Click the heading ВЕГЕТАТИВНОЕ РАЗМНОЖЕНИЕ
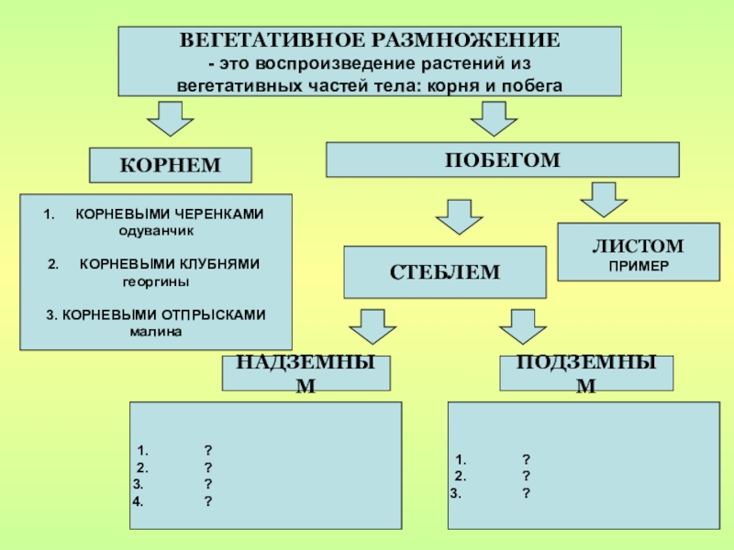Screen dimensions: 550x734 (369, 42)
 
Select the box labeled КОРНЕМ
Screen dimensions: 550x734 (170, 165)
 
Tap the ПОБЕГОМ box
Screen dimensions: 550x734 (503, 159)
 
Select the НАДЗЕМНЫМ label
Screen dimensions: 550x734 (306, 373)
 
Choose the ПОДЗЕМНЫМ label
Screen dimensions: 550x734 (585, 373)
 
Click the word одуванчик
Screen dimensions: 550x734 (156, 230)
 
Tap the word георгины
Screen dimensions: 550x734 (156, 280)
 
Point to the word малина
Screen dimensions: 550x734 (156, 331)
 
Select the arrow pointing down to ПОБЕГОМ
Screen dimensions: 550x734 (494, 118)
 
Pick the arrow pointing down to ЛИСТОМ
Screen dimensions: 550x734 (604, 199)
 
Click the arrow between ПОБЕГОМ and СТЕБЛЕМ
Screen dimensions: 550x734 (458, 216)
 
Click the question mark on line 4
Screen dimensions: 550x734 (209, 500)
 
